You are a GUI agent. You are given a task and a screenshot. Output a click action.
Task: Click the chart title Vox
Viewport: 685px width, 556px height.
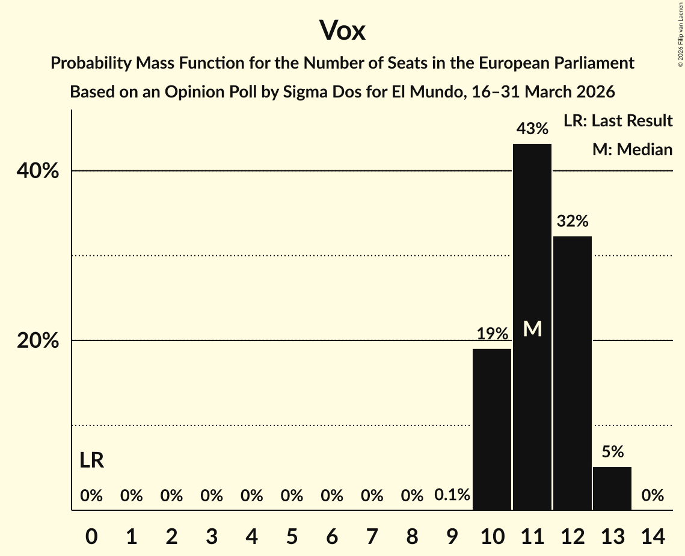coord(342,30)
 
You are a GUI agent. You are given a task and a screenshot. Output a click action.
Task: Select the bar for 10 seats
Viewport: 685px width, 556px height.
coord(492,429)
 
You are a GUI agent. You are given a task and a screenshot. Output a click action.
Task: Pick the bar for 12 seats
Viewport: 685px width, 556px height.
coord(573,373)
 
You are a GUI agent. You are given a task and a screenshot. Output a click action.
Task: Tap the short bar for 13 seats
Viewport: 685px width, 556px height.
coord(612,488)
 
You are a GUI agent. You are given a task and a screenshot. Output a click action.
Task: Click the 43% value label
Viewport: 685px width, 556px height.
coord(532,129)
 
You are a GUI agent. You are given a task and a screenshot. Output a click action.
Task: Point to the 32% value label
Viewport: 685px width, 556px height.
coord(573,221)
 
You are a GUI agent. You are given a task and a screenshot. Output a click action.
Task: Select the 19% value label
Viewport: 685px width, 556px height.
coord(492,334)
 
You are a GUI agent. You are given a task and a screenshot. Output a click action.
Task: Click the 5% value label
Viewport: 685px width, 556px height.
coord(612,452)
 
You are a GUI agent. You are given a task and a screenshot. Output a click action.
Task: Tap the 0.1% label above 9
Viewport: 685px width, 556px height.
coord(452,495)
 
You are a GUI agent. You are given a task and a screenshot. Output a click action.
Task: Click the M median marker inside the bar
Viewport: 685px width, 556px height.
coord(532,329)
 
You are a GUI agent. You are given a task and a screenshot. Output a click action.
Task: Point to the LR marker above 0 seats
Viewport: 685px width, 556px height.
coord(91,461)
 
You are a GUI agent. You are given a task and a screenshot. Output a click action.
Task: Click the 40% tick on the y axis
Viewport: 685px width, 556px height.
coord(38,171)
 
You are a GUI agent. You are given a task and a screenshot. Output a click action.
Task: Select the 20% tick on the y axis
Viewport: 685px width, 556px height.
coord(38,341)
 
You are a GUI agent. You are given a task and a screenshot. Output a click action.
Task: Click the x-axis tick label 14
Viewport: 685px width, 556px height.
coord(653,535)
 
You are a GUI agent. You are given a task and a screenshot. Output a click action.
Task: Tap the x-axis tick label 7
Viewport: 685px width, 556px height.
coord(372,535)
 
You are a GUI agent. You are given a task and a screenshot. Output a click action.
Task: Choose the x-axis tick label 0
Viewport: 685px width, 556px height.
coord(91,535)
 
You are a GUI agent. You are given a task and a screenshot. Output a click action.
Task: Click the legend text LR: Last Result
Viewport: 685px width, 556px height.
coord(618,121)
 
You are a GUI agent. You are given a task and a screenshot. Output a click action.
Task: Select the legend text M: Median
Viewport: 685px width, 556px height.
coord(632,150)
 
